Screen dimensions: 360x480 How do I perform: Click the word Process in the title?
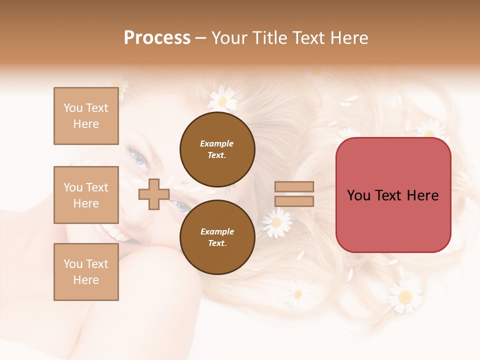point(157,37)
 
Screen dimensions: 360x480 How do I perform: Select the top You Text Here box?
point(86,116)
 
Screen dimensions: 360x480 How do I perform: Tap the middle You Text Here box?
point(86,195)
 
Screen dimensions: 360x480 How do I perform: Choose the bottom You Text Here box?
point(86,272)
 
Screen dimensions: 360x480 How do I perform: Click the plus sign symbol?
point(153,194)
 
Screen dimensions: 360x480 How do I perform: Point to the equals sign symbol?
point(294,194)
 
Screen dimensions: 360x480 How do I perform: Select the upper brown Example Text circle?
point(217,149)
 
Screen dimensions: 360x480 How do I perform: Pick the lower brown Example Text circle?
point(217,237)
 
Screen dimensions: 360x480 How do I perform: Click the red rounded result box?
point(393,195)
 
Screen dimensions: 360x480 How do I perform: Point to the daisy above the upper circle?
point(222,98)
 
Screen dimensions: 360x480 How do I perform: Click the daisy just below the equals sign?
point(277,222)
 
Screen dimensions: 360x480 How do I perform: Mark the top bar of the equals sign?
point(294,187)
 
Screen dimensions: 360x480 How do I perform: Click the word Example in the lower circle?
point(217,231)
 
